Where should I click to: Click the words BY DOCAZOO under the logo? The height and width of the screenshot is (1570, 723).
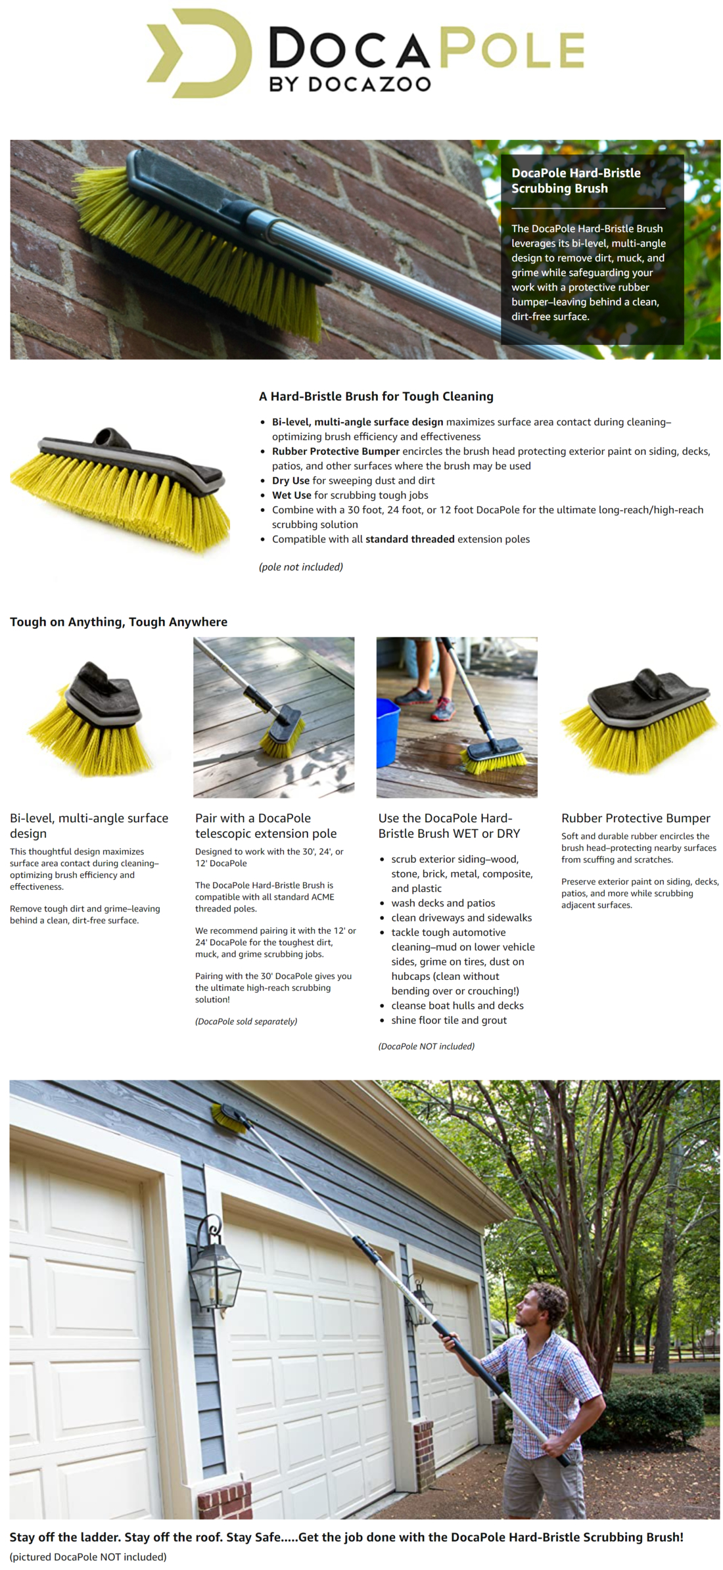[350, 84]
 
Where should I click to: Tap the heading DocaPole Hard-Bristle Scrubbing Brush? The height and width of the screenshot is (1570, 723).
[576, 181]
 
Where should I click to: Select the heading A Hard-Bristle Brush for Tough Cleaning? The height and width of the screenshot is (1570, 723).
[376, 396]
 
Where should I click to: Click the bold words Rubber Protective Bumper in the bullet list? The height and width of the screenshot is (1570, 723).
[336, 451]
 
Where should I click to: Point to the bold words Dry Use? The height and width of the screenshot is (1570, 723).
[291, 480]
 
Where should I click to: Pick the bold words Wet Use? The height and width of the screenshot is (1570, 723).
[291, 495]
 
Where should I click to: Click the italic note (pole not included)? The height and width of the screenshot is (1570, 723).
[301, 566]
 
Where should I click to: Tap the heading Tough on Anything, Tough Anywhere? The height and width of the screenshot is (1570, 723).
[118, 622]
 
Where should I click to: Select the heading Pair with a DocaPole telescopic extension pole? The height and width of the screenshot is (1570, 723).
[266, 825]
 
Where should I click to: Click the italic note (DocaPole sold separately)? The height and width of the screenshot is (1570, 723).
[246, 1021]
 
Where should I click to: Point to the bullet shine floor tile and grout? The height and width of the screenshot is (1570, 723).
[449, 1020]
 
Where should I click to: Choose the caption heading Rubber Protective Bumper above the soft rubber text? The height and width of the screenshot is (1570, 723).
[636, 818]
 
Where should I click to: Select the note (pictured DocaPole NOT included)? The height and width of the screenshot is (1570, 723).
[88, 1556]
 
